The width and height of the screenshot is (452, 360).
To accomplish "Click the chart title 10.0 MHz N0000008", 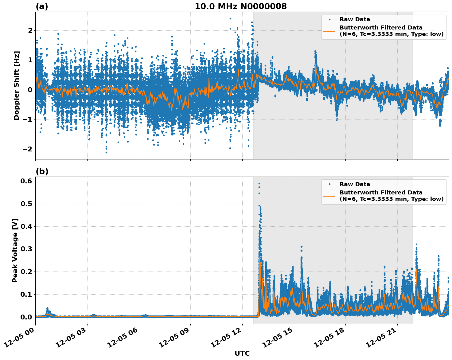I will coord(240,6).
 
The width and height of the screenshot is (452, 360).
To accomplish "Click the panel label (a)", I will coord(42,6).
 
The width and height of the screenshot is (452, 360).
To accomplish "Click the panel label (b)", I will coord(42,171).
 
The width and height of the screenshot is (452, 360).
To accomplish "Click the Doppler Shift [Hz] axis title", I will coord(17,85).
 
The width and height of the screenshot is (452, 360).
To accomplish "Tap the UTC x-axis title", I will coord(242,353).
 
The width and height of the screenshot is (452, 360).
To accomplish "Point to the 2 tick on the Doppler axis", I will coord(30,30).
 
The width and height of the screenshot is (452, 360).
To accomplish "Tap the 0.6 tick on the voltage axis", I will coord(26,181).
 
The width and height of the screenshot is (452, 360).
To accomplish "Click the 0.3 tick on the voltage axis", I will coord(26,249).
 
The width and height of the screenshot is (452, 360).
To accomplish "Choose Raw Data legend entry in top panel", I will coord(355,19).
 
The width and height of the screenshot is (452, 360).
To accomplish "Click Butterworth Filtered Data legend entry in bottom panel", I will coord(391,196).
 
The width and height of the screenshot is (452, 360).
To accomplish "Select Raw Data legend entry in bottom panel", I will coord(355,184).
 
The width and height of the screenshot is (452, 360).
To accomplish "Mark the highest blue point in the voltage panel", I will coord(259,183).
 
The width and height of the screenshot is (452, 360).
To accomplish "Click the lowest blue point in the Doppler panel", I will coord(106,152).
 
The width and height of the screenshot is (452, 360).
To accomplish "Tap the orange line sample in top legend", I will coord(329,31).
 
